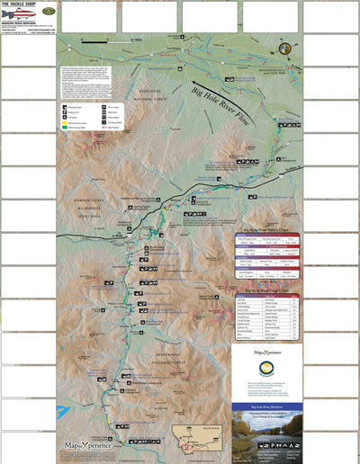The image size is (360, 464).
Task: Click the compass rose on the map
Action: click(283, 49)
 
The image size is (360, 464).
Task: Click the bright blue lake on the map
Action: click(62, 413)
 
